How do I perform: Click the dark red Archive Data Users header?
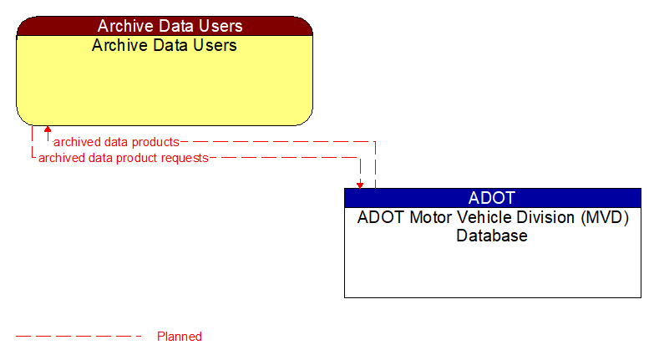165,26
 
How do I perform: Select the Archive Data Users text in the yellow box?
165,45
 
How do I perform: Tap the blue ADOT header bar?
492,198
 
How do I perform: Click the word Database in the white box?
492,236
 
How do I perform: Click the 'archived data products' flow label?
116,142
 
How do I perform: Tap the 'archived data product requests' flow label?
123,157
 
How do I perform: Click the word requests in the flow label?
185,157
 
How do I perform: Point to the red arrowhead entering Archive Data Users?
48,130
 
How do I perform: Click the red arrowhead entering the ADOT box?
360,184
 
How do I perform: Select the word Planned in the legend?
180,337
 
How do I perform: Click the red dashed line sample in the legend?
79,337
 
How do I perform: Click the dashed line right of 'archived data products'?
276,142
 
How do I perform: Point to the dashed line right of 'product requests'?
284,157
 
